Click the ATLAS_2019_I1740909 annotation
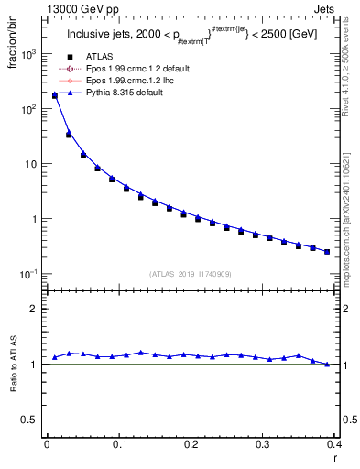pos(190,273)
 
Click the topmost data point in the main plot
pos(54,95)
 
